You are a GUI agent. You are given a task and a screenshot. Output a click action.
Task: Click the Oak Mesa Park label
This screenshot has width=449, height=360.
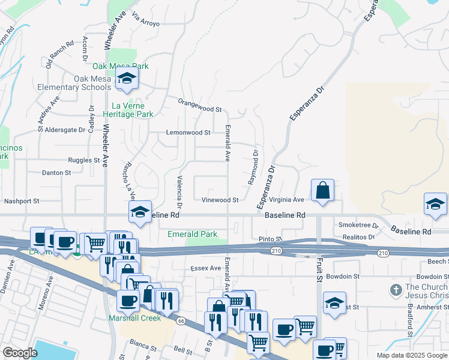(120, 66)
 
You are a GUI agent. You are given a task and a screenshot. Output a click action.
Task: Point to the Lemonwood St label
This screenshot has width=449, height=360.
(188, 133)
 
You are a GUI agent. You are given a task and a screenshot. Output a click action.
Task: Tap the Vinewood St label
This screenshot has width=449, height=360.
(220, 200)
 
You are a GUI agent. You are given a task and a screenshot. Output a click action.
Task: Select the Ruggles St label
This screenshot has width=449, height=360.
(83, 160)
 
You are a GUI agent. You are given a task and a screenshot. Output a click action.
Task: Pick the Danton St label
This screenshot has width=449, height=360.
(56, 173)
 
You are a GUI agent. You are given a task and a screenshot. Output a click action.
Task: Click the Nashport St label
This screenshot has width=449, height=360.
(22, 202)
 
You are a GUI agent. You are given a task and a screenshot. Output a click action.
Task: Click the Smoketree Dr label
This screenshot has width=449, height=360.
(359, 226)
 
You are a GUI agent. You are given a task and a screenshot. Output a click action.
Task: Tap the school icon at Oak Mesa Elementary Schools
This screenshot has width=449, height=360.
(127, 79)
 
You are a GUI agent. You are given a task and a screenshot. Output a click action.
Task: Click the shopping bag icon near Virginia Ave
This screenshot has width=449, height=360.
(323, 191)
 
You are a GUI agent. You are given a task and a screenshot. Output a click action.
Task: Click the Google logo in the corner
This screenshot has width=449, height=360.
(20, 353)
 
